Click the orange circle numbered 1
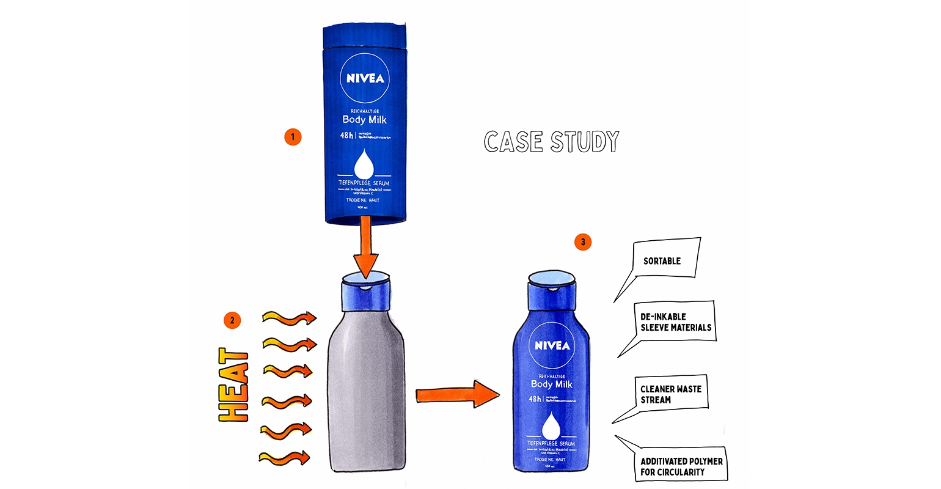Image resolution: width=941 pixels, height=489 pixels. tap(293, 137)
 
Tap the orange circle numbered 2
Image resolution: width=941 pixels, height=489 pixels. tap(232, 320)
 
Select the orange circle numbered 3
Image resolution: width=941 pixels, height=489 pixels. tap(583, 242)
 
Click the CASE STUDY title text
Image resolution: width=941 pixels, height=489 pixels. tap(551, 141)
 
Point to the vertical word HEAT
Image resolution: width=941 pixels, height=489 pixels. tap(234, 385)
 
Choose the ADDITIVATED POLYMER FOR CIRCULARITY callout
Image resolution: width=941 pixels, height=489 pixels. tap(680, 466)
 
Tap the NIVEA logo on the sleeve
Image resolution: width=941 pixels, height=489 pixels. tap(365, 78)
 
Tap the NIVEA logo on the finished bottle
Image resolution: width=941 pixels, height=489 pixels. tap(552, 346)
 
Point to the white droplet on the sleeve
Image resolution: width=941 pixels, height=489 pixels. tap(365, 164)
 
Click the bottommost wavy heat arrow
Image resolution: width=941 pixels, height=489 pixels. tap(285, 457)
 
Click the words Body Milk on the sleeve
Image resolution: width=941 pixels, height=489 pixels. tap(364, 119)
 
